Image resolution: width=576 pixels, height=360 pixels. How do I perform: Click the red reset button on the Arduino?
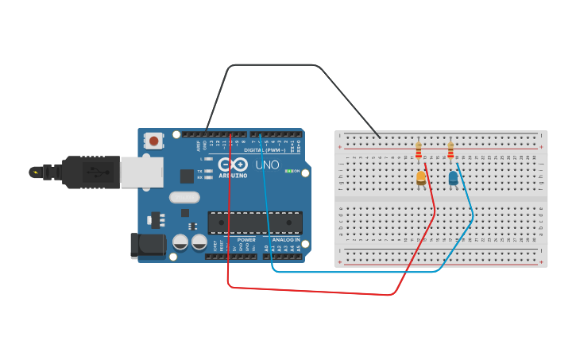(153, 141)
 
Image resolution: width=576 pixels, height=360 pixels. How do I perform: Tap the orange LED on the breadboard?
(421, 179)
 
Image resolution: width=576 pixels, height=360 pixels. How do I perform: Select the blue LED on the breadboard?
(453, 178)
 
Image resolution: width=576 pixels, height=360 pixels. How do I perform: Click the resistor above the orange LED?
(419, 150)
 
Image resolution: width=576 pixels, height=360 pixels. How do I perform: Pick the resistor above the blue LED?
(450, 150)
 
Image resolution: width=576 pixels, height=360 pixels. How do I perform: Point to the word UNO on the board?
(267, 165)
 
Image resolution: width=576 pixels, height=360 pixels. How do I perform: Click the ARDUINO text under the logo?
(233, 176)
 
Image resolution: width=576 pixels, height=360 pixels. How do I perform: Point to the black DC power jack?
(148, 246)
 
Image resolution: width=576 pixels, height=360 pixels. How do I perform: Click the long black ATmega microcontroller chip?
(254, 223)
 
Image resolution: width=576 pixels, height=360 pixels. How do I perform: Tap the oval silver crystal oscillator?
(184, 197)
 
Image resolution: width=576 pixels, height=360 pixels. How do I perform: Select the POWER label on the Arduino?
(246, 239)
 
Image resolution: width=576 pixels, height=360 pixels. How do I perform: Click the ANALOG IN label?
(286, 239)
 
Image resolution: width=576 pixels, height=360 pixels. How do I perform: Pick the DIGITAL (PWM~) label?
(265, 149)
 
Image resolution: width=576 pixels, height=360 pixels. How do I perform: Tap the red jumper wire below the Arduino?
(318, 291)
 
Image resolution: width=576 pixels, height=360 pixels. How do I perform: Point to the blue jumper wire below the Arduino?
(358, 272)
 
